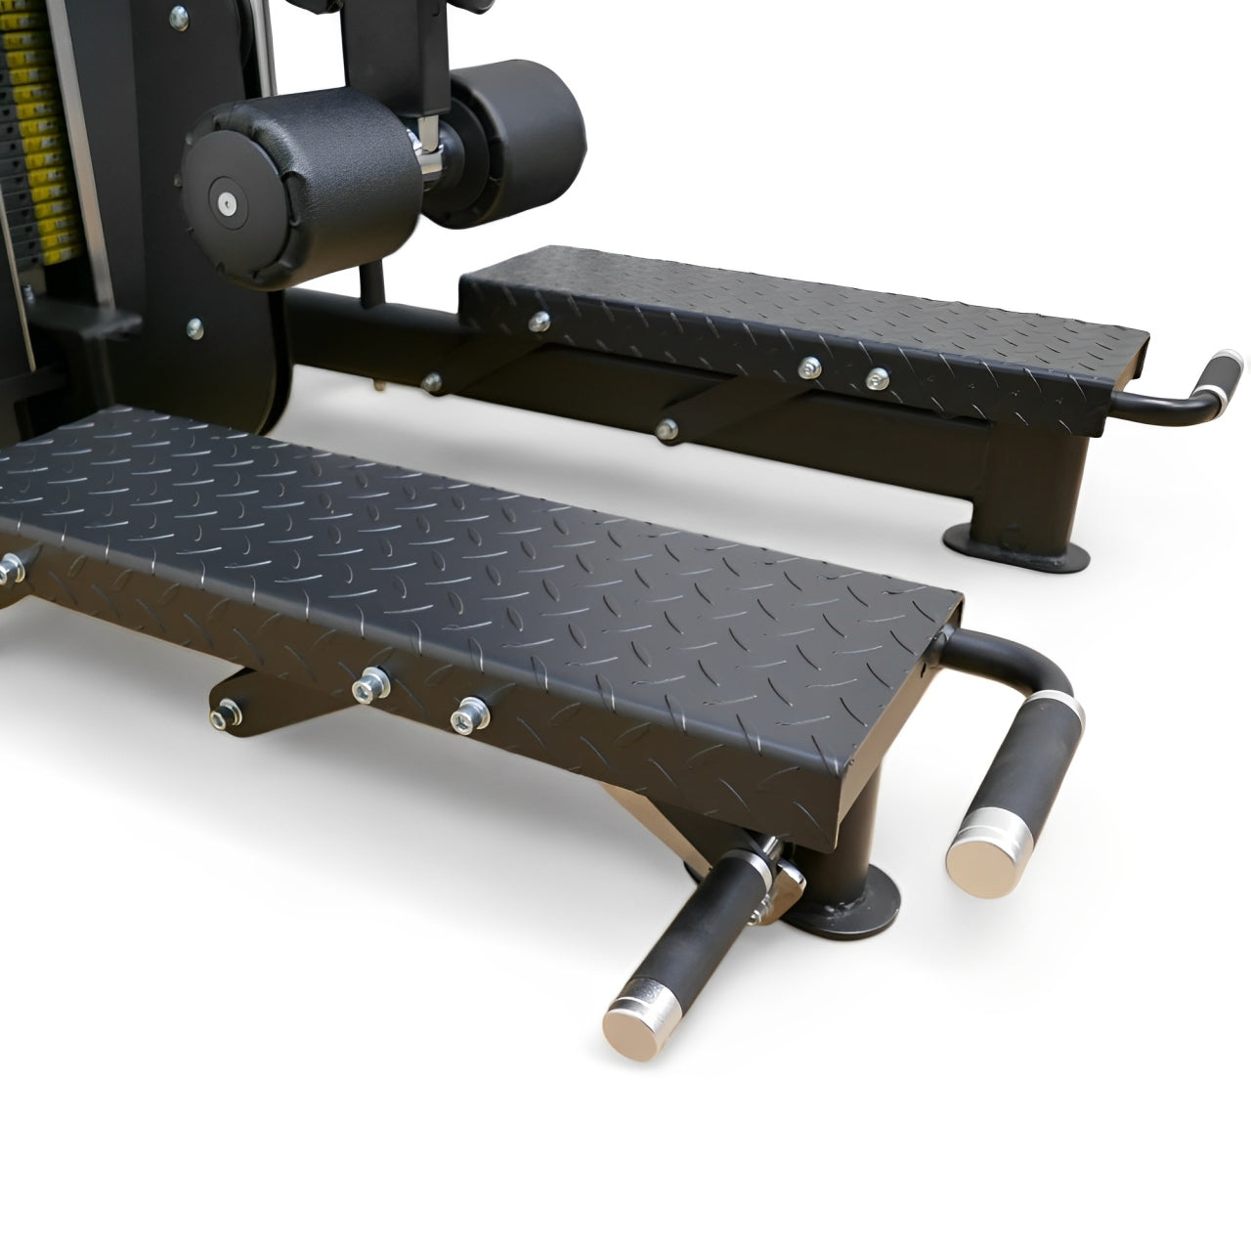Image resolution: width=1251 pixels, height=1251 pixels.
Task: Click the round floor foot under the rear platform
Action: pos(1016,544)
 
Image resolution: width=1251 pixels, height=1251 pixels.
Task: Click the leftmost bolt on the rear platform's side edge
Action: pos(538,320)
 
